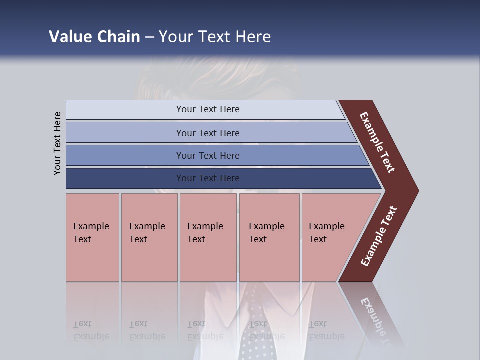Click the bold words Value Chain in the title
tap(94, 37)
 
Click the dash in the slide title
tap(149, 37)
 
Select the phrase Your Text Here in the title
tap(215, 37)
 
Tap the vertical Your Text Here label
tap(57, 143)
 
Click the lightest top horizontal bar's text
tap(208, 109)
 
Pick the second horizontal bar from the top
tap(208, 133)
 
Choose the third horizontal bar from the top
tap(208, 155)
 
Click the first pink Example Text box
tap(92, 237)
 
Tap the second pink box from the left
tap(149, 237)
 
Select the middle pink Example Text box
tap(208, 237)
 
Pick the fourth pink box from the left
tap(269, 237)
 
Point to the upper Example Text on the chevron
tap(377, 142)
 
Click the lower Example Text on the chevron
tap(379, 236)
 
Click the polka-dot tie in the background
tap(255, 320)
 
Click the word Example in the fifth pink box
tap(326, 226)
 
